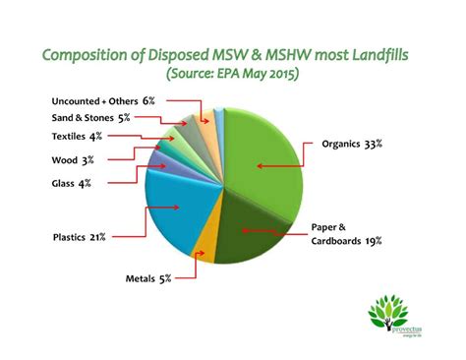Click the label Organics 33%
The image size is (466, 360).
352,144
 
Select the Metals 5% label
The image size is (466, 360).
148,278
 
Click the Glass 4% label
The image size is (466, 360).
71,183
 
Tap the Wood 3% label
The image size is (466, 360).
71,159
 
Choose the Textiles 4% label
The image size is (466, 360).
76,137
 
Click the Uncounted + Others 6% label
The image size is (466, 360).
101,100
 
